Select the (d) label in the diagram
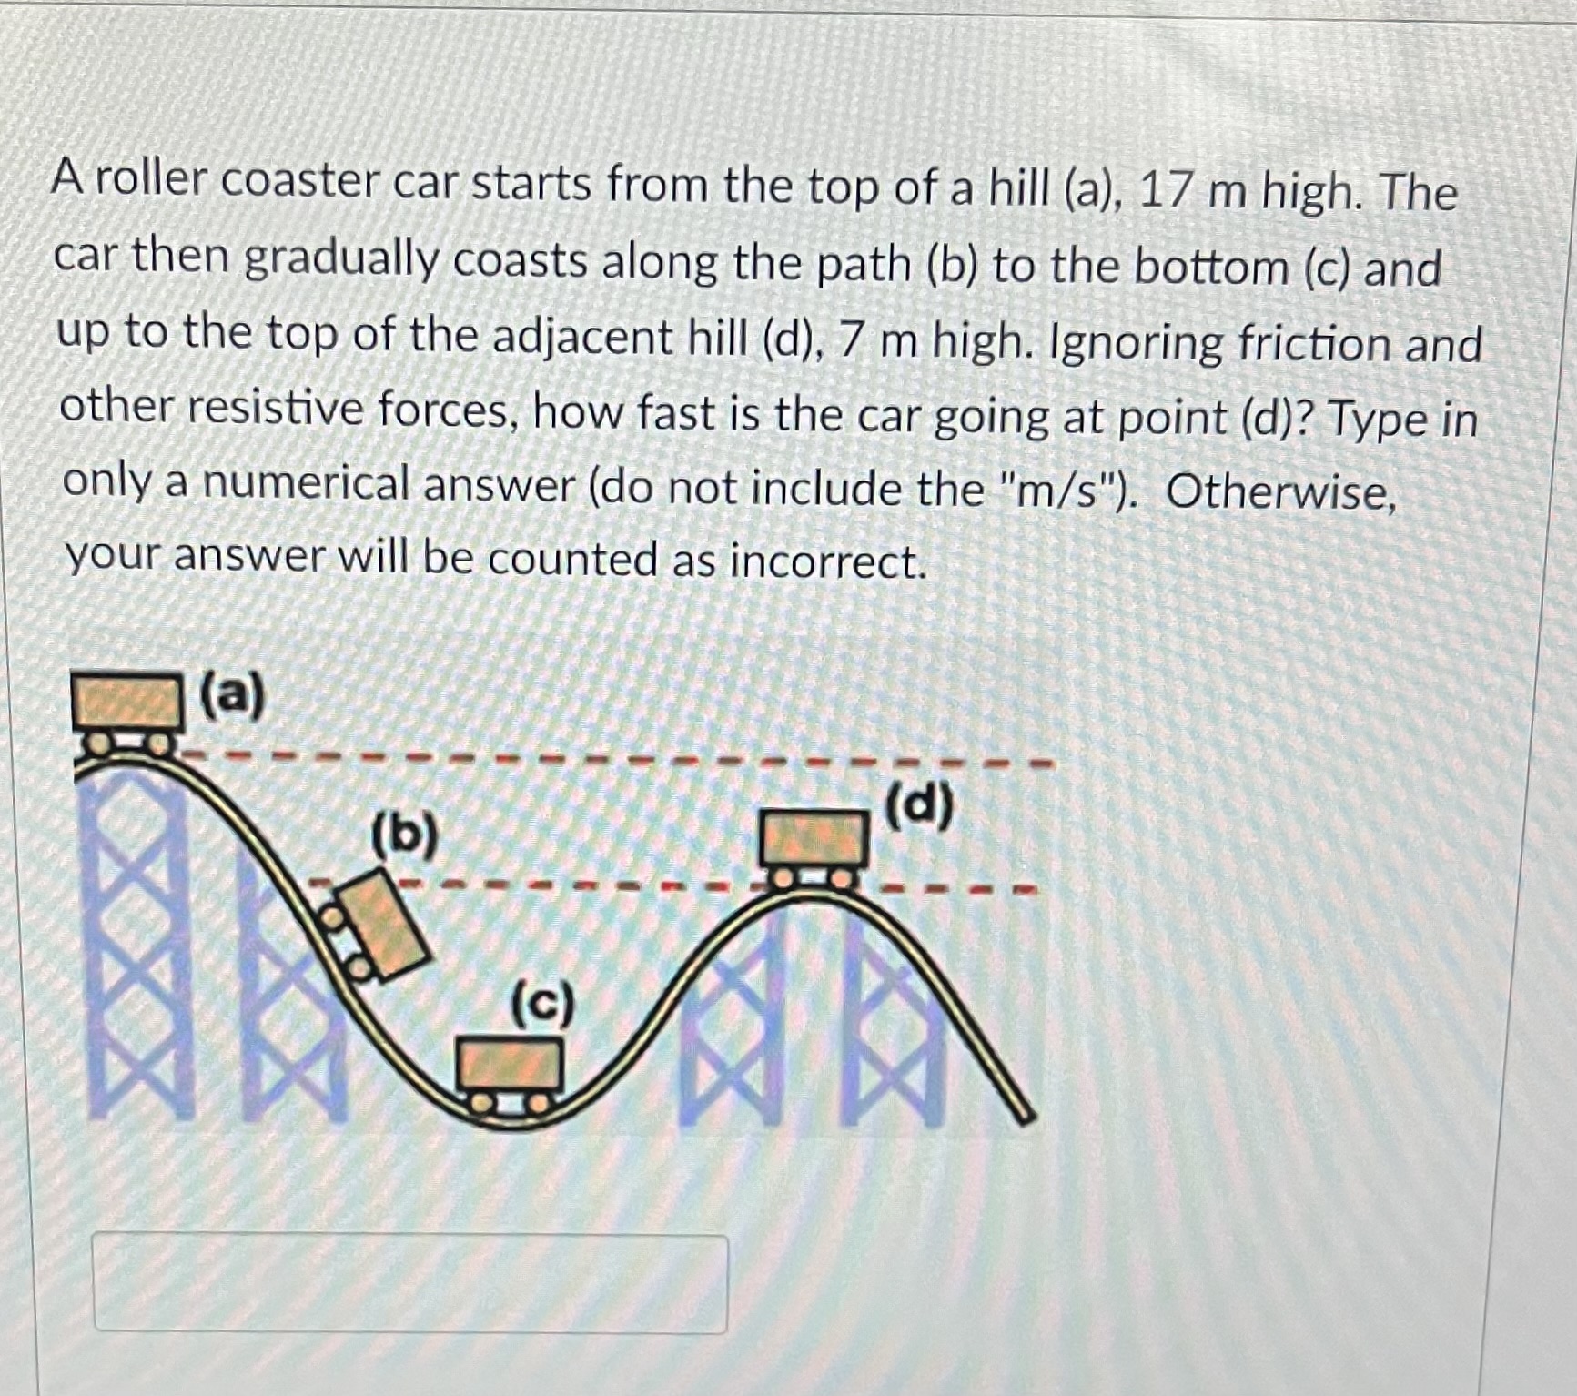coord(919,804)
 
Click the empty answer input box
coord(410,1283)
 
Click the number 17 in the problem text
coord(1164,191)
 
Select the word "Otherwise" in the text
coord(1279,492)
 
